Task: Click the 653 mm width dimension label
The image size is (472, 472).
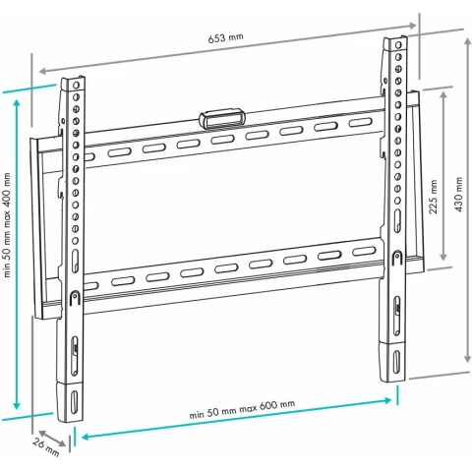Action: coord(226,37)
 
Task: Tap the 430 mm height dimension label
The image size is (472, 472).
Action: coord(458,195)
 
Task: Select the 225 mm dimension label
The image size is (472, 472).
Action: coord(434,197)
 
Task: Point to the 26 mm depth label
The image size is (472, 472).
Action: coord(46,447)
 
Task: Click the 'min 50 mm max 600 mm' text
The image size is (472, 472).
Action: coord(242,409)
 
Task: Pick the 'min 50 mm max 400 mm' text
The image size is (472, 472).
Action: coord(7,225)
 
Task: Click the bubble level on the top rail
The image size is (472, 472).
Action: coord(222,118)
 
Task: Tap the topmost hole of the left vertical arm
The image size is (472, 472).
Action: coord(76,86)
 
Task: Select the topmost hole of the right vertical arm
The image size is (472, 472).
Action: coord(398,44)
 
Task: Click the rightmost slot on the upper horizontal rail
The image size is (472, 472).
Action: coord(360,123)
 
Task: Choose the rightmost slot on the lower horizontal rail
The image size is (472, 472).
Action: coord(364,252)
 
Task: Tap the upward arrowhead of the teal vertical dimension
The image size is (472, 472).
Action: coord(17,103)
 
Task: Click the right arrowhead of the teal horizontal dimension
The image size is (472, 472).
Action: coord(388,400)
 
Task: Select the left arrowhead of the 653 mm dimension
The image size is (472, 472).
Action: coord(42,71)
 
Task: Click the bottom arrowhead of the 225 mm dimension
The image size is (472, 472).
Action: coord(443,257)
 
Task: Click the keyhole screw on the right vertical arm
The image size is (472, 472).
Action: coord(397,257)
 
